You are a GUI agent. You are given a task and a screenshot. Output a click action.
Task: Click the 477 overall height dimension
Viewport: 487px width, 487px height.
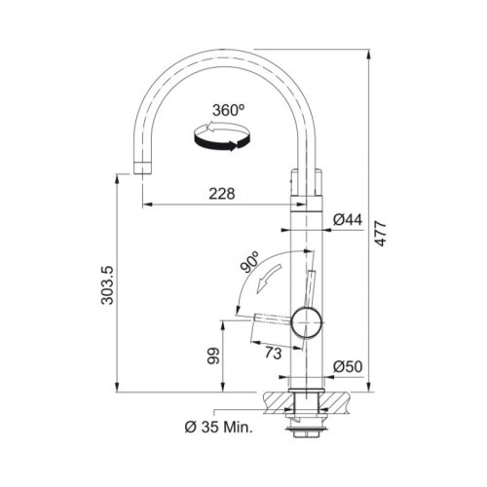pos(381,234)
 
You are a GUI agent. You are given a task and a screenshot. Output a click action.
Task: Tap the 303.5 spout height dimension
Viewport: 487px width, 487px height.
pos(107,285)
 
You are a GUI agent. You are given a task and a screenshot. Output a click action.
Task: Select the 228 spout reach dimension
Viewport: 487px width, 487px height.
pos(222,194)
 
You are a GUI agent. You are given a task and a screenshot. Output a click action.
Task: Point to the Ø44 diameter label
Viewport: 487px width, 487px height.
pos(348,220)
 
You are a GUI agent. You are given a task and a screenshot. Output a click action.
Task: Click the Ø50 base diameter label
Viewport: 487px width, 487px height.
pos(348,366)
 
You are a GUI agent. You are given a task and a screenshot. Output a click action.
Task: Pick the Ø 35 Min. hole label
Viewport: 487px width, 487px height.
pos(219,428)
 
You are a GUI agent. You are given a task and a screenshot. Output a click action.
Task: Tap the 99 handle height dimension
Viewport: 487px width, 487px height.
pos(214,356)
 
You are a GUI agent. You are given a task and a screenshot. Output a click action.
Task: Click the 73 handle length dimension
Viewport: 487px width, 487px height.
pos(273,354)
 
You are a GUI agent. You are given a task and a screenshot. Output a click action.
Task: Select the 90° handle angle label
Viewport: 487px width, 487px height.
pos(249,262)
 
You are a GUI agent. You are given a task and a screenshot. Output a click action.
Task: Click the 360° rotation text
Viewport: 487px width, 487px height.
pos(229,110)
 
